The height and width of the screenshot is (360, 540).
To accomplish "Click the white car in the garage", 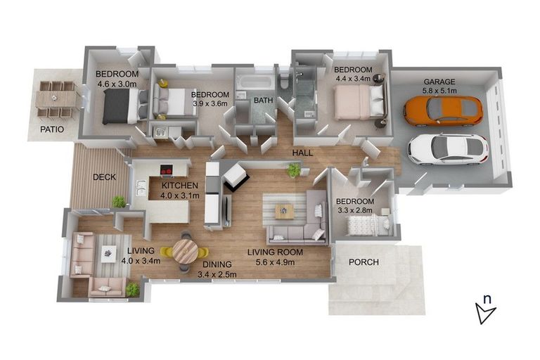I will (448, 148).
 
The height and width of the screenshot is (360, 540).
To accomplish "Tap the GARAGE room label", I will (439, 82).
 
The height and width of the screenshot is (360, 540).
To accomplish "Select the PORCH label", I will (364, 262).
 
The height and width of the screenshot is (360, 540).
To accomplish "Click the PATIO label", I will (51, 129).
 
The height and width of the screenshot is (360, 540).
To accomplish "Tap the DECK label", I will (104, 177).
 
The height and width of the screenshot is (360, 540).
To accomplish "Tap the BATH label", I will (263, 101).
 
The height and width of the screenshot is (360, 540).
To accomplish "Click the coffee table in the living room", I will (284, 210).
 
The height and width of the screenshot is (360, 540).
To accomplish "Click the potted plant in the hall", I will (293, 170).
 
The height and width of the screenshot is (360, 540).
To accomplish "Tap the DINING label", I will (217, 265).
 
